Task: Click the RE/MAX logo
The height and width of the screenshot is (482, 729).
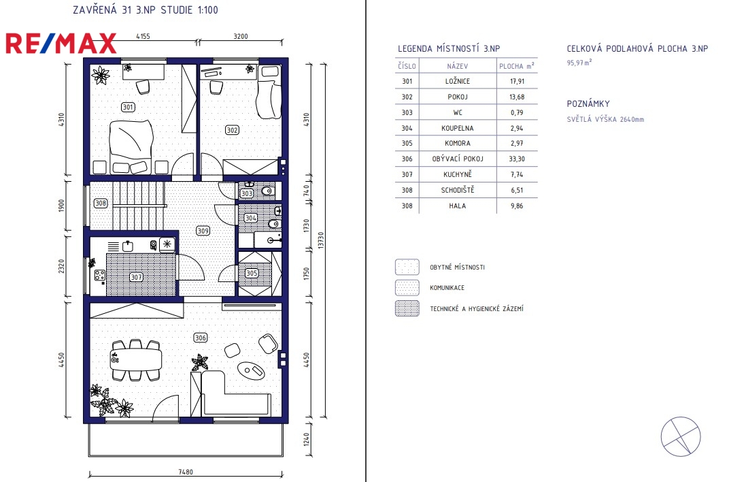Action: pyautogui.click(x=61, y=44)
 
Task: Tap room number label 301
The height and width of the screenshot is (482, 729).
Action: pyautogui.click(x=128, y=107)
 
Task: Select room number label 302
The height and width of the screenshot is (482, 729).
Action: pyautogui.click(x=232, y=130)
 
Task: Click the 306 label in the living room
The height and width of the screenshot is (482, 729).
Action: pyautogui.click(x=201, y=338)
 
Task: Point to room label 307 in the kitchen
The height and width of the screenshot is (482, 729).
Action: pyautogui.click(x=136, y=277)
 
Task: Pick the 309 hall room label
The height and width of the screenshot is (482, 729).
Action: pyautogui.click(x=203, y=230)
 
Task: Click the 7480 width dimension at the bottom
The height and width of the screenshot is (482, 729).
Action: pyautogui.click(x=186, y=472)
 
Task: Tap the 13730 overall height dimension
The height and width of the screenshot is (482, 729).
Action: pyautogui.click(x=321, y=240)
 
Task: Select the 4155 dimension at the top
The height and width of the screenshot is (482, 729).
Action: pyautogui.click(x=143, y=36)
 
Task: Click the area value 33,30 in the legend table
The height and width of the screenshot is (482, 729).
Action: pyautogui.click(x=517, y=159)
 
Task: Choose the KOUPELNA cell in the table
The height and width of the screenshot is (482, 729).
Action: pyautogui.click(x=458, y=128)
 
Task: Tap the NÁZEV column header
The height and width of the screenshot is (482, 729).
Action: pyautogui.click(x=458, y=66)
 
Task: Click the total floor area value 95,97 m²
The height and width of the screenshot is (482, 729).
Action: pyautogui.click(x=579, y=63)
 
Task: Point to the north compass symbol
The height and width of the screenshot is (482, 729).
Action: pyautogui.click(x=681, y=436)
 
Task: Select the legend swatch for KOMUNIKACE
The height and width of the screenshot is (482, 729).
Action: pyautogui.click(x=407, y=287)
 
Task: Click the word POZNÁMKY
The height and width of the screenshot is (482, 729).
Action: pyautogui.click(x=588, y=103)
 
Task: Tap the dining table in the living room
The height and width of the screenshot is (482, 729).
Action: pyautogui.click(x=136, y=359)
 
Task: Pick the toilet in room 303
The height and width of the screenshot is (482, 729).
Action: pyautogui.click(x=267, y=191)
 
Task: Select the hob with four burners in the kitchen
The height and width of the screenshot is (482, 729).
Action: pyautogui.click(x=99, y=276)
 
